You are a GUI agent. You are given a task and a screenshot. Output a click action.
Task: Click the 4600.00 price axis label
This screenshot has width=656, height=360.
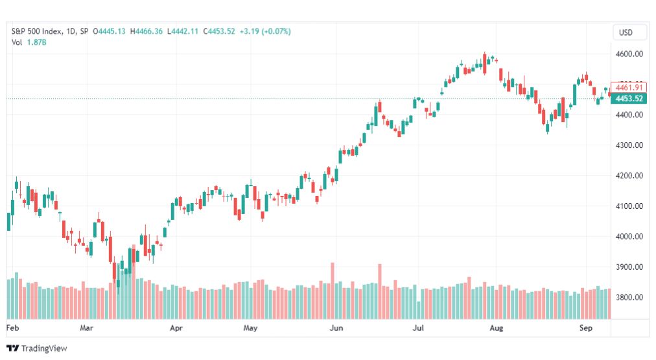pyautogui.click(x=629, y=54)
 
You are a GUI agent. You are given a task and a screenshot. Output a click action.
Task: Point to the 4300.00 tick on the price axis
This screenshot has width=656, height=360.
pyautogui.click(x=629, y=145)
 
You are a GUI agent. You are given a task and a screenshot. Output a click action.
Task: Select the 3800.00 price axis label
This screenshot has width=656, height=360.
pyautogui.click(x=629, y=298)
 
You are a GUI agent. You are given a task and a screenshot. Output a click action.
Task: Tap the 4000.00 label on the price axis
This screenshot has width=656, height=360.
pyautogui.click(x=629, y=237)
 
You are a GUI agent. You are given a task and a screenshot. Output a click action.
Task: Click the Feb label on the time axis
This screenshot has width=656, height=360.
pyautogui.click(x=12, y=328)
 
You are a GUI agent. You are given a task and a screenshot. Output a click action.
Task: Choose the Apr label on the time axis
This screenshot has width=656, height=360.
pyautogui.click(x=176, y=328)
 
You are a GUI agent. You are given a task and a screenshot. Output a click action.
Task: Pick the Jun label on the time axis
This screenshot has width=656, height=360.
pyautogui.click(x=336, y=328)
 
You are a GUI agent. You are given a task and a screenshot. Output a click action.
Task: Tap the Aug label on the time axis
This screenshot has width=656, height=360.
pyautogui.click(x=496, y=328)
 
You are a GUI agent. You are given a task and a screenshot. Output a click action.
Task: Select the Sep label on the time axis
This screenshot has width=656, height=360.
pyautogui.click(x=586, y=328)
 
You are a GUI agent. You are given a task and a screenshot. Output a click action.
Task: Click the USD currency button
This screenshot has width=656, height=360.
pyautogui.click(x=626, y=32)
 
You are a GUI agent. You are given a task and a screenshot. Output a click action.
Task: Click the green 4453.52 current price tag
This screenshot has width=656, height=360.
pyautogui.click(x=629, y=99)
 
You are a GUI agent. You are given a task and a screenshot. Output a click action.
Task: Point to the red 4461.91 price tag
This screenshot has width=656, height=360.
pyautogui.click(x=629, y=88)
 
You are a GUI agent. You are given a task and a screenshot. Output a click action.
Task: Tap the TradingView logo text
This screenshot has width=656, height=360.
pyautogui.click(x=37, y=348)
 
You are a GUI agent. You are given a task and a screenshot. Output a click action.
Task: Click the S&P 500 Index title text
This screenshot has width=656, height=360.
pyautogui.click(x=37, y=31)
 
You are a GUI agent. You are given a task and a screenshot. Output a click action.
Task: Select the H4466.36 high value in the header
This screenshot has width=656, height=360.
pyautogui.click(x=146, y=31)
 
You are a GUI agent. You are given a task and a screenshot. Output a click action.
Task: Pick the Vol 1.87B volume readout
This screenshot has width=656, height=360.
pyautogui.click(x=29, y=42)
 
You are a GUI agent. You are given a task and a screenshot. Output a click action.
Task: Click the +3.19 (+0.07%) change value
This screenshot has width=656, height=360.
pyautogui.click(x=265, y=31)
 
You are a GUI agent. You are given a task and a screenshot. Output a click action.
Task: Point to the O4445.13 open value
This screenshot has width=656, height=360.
pyautogui.click(x=109, y=31)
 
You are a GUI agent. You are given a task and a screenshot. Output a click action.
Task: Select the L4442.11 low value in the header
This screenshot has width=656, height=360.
pyautogui.click(x=182, y=31)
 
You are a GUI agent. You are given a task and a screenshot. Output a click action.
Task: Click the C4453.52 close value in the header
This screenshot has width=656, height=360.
pyautogui.click(x=219, y=31)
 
